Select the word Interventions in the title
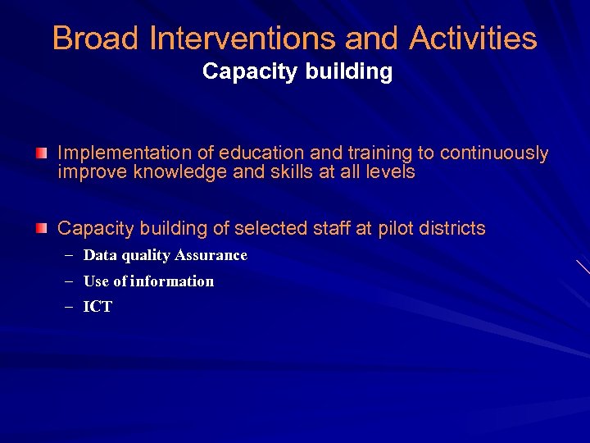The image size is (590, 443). [x=243, y=38]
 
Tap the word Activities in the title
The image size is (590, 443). [x=474, y=38]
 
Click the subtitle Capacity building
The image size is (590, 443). [x=297, y=72]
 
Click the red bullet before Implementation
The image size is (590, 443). [x=42, y=153]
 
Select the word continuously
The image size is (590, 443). [x=494, y=153]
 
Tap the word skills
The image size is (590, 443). [x=278, y=172]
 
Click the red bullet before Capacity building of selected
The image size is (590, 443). [x=42, y=228]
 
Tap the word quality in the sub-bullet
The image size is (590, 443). [x=144, y=256]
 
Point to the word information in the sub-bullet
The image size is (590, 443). [x=173, y=281]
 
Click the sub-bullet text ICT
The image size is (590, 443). [x=98, y=307]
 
